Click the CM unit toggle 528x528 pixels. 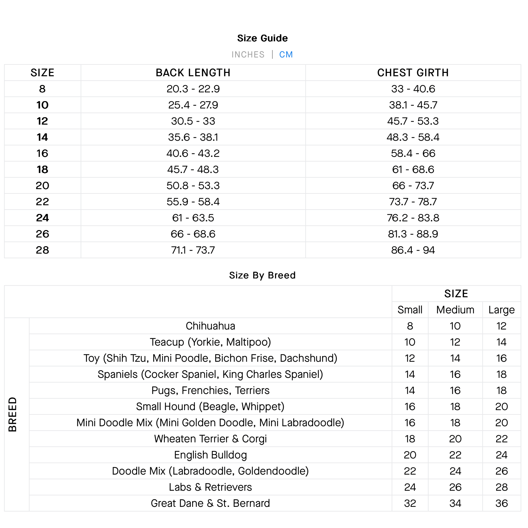click(x=286, y=54)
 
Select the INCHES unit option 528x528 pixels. click(x=248, y=54)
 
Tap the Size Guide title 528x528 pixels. click(x=262, y=38)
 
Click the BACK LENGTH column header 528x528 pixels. click(x=193, y=73)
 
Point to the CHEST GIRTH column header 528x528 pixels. click(x=413, y=73)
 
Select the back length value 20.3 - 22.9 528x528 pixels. click(x=193, y=89)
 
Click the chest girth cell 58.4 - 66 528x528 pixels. click(x=413, y=153)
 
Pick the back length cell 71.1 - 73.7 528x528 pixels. click(x=193, y=250)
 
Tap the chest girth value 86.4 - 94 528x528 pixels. click(x=413, y=250)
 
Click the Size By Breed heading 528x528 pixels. click(x=262, y=275)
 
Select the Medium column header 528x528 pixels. click(x=455, y=310)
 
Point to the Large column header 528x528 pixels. click(x=501, y=310)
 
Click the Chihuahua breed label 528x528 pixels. click(x=210, y=326)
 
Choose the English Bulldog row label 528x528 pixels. click(x=210, y=455)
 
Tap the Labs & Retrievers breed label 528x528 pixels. click(x=210, y=487)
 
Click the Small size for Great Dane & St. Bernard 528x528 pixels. click(x=410, y=503)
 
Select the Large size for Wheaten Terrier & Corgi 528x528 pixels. click(x=501, y=439)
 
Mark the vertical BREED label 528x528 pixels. click(x=12, y=414)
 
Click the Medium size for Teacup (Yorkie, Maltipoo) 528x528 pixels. click(x=455, y=342)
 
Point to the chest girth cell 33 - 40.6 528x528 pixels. click(x=413, y=89)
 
